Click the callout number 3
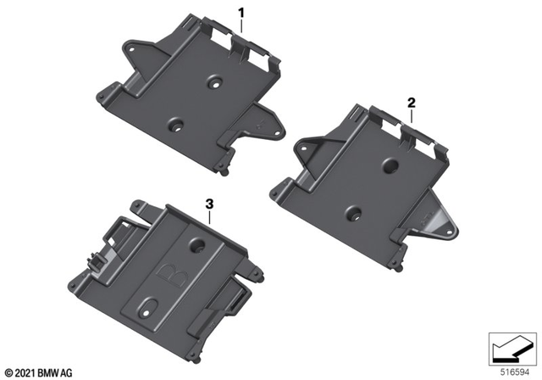[208, 204]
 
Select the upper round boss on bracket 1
[215, 84]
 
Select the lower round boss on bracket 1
[177, 125]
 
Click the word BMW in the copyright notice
[52, 371]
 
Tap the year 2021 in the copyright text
[26, 371]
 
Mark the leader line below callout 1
[241, 28]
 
